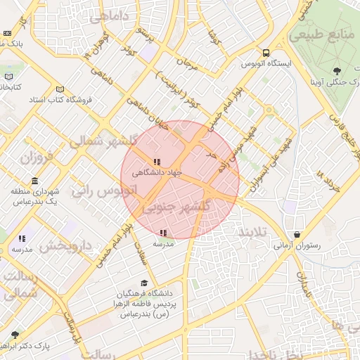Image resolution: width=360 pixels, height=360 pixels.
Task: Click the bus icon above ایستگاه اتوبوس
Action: (266, 53)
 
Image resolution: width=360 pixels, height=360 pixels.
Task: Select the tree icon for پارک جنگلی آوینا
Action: (337, 70)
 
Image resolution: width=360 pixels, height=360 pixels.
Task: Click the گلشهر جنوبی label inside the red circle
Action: (179, 209)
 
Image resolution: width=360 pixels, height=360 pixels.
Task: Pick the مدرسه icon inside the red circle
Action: (163, 233)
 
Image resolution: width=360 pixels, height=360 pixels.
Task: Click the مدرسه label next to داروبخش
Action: (21, 250)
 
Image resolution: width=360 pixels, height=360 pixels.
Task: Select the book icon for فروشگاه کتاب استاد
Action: (60, 89)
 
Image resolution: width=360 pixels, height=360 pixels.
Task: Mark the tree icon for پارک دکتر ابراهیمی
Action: (15, 335)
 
